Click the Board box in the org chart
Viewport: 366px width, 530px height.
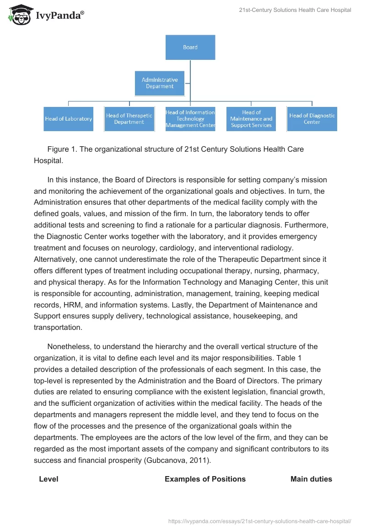point(190,47)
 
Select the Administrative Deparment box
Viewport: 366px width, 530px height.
point(160,83)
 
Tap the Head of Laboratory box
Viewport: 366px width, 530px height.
point(69,119)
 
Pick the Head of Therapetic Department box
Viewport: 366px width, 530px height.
point(129,119)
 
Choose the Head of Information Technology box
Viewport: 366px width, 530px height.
point(190,119)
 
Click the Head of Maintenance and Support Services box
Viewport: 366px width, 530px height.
point(251,119)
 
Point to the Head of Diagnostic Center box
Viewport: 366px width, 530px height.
point(312,119)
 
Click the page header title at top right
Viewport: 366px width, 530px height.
point(295,10)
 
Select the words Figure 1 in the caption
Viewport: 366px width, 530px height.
point(61,149)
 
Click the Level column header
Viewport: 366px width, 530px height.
point(48,479)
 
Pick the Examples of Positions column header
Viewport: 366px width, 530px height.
point(205,479)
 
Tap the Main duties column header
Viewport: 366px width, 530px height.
point(311,479)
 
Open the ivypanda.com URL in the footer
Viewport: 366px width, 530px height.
point(260,521)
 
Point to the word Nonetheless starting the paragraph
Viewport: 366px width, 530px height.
point(70,346)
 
